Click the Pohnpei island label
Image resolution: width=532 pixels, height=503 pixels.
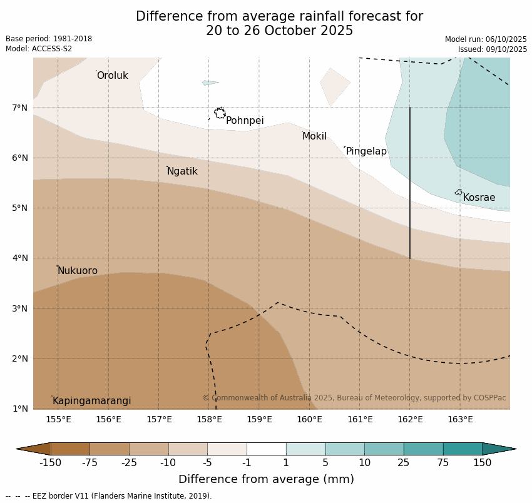pos(245,121)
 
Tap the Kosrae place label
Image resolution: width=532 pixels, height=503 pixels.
pos(479,198)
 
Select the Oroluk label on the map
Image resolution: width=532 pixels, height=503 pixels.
pos(112,76)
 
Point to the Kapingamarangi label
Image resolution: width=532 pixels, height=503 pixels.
pos(91,401)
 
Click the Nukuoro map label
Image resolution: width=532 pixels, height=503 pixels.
pos(78,271)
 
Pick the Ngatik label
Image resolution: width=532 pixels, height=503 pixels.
pos(182,171)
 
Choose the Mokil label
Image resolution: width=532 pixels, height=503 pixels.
pos(314,136)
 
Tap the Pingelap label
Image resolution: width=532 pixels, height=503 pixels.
pos(366,151)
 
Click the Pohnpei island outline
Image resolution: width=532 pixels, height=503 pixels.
pos(220,113)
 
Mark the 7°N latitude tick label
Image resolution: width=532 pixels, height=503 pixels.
pos(20,108)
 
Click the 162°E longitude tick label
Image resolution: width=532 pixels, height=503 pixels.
pos(410,419)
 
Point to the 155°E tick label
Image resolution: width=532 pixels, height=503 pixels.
pos(58,419)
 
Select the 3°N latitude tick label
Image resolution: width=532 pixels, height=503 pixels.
pos(20,308)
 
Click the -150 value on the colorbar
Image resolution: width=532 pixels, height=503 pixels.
pos(50,463)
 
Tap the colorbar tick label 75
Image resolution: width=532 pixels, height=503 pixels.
pos(442,463)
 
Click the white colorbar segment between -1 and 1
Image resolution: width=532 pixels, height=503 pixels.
pos(266,449)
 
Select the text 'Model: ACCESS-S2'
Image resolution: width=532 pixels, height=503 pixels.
pos(39,49)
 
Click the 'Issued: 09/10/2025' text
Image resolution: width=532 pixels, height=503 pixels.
pos(492,49)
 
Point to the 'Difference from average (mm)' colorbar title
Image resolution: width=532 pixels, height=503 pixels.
pos(266,480)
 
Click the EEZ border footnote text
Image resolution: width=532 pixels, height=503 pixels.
pos(109,496)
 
